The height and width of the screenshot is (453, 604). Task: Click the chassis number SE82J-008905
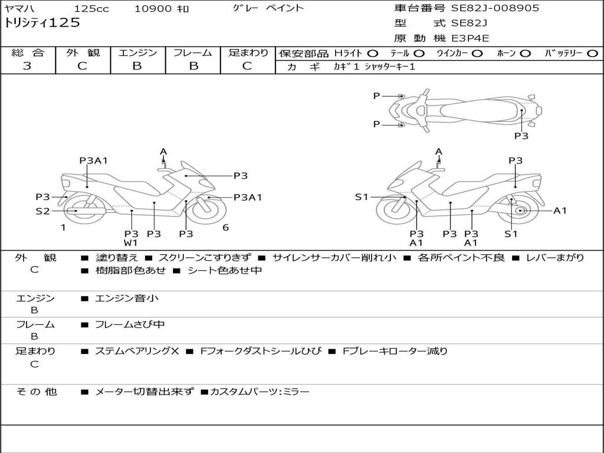pyautogui.click(x=495, y=8)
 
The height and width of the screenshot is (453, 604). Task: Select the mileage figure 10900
pyautogui.click(x=153, y=9)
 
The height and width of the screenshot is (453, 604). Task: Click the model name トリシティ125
pyautogui.click(x=42, y=23)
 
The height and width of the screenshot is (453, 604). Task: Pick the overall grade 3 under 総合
pyautogui.click(x=27, y=66)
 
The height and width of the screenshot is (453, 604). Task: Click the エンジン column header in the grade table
pyautogui.click(x=137, y=52)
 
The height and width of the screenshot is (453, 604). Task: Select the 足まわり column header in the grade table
pyautogui.click(x=248, y=52)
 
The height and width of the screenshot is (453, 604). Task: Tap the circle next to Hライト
pyautogui.click(x=373, y=54)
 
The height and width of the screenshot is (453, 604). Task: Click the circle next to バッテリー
pyautogui.click(x=593, y=54)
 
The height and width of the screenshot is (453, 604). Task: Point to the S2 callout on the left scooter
pyautogui.click(x=42, y=211)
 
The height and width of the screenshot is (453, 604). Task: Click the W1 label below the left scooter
pyautogui.click(x=130, y=242)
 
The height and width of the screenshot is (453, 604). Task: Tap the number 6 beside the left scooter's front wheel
pyautogui.click(x=226, y=228)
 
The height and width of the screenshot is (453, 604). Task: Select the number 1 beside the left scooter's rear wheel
pyautogui.click(x=63, y=228)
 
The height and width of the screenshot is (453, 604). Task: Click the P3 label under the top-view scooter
pyautogui.click(x=521, y=136)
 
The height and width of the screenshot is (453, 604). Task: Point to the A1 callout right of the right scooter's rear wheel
pyautogui.click(x=560, y=211)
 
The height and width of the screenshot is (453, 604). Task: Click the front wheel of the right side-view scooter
pyautogui.click(x=396, y=210)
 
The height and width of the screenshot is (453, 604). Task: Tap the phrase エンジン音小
pyautogui.click(x=127, y=298)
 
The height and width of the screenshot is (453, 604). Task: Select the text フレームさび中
pyautogui.click(x=130, y=325)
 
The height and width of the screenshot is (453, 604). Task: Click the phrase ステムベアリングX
pyautogui.click(x=137, y=351)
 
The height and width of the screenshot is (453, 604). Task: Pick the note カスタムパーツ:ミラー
pyautogui.click(x=260, y=392)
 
